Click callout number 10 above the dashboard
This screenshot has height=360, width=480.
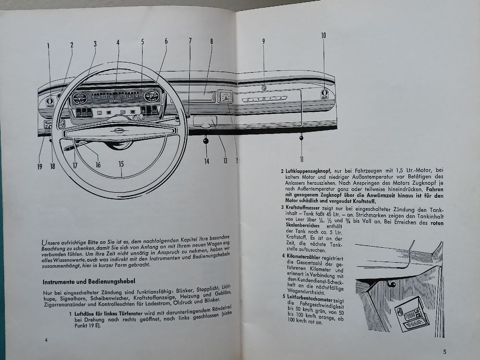pyautogui.click(x=324, y=35)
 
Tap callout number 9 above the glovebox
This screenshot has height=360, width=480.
pyautogui.click(x=264, y=41)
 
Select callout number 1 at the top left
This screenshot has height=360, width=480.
pyautogui.click(x=48, y=46)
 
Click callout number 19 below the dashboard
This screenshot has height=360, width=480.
pyautogui.click(x=39, y=167)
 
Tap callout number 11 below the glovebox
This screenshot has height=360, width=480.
pyautogui.click(x=302, y=159)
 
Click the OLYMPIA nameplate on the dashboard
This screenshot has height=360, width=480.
pyautogui.click(x=264, y=98)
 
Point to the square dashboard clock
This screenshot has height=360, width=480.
pyautogui.click(x=225, y=96)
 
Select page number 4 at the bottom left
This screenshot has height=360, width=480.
pyautogui.click(x=46, y=339)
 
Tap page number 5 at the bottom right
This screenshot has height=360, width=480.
pyautogui.click(x=444, y=351)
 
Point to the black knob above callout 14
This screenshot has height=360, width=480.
pyautogui.click(x=206, y=141)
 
